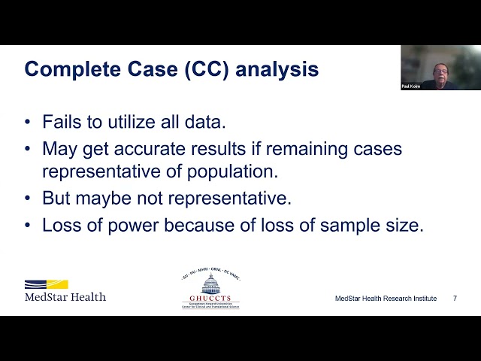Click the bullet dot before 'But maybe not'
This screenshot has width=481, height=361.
[29, 199]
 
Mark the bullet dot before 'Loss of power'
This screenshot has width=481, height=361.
[29, 225]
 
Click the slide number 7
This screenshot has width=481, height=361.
[455, 299]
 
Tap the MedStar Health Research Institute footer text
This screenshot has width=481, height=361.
[386, 299]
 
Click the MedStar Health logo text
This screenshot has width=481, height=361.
[65, 296]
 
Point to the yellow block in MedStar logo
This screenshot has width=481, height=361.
[57, 284]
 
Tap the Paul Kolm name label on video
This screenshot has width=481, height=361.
[411, 86]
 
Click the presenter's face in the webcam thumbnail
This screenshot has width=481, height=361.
[439, 71]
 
